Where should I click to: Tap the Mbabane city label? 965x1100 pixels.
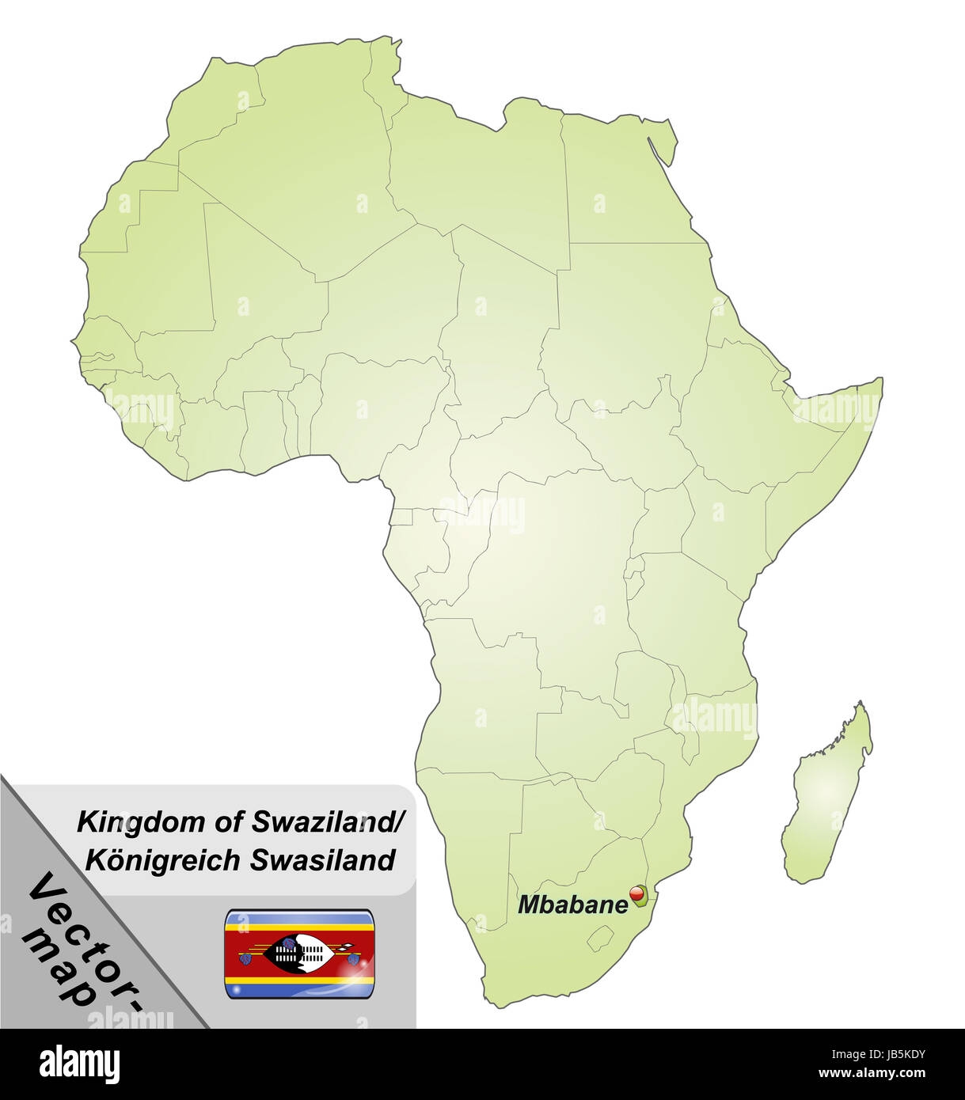(x=572, y=905)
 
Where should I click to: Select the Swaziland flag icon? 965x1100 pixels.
(x=299, y=954)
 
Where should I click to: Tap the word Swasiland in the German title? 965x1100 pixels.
(x=322, y=859)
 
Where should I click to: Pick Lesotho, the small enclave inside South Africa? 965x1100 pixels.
(x=601, y=939)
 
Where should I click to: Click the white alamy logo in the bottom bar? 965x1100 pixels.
(x=80, y=1063)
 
